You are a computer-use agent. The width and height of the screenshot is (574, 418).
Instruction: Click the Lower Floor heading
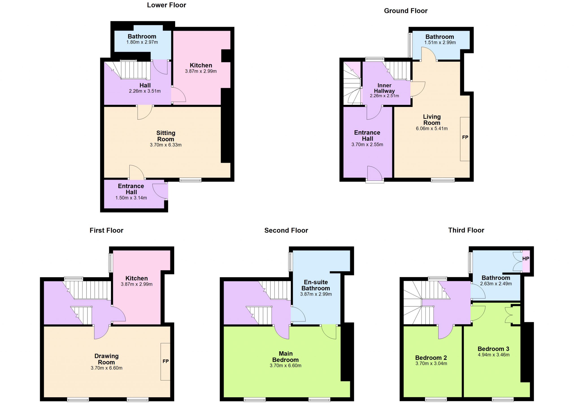pyautogui.click(x=167, y=5)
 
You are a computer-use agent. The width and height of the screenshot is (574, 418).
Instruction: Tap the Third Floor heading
pyautogui.click(x=466, y=230)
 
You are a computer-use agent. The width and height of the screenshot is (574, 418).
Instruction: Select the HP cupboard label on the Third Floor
pyautogui.click(x=526, y=259)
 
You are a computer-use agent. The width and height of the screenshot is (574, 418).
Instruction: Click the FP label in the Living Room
pyautogui.click(x=465, y=137)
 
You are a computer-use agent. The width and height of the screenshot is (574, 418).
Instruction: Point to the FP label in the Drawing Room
pyautogui.click(x=165, y=361)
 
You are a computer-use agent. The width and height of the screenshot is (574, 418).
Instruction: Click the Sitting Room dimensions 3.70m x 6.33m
pyautogui.click(x=166, y=145)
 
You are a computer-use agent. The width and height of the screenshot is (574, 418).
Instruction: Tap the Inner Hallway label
pyautogui.click(x=385, y=88)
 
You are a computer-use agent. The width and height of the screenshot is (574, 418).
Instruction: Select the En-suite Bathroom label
pyautogui.click(x=316, y=285)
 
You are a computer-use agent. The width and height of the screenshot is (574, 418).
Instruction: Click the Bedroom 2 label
pyautogui.click(x=431, y=358)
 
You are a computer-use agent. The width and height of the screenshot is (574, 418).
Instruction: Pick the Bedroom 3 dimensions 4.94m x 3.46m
pyautogui.click(x=494, y=355)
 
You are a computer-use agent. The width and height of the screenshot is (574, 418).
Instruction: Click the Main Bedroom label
pyautogui.click(x=285, y=357)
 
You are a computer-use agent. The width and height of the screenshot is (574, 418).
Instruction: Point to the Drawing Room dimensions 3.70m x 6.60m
pyautogui.click(x=107, y=368)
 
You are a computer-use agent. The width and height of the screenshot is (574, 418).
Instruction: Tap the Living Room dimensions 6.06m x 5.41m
pyautogui.click(x=432, y=128)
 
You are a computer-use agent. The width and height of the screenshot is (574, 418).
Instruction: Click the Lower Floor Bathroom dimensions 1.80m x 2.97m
pyautogui.click(x=142, y=42)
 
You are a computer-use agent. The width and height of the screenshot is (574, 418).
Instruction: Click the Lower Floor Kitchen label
pyautogui.click(x=201, y=65)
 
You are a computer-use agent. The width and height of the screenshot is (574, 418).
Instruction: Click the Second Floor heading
pyautogui.click(x=286, y=230)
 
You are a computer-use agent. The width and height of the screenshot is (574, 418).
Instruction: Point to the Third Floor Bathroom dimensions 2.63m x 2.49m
pyautogui.click(x=496, y=284)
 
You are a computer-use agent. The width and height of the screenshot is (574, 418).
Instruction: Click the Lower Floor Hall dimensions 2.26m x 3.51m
pyautogui.click(x=145, y=91)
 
